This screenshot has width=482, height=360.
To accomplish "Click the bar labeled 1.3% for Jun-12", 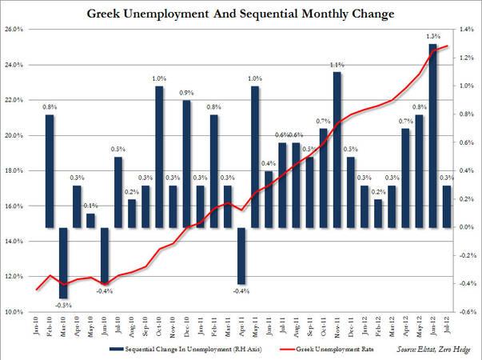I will (432, 136).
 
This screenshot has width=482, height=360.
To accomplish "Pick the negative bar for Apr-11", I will (241, 255).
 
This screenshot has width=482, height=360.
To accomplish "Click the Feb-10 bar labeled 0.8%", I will (50, 171).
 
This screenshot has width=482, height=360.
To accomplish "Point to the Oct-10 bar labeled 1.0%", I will (159, 157).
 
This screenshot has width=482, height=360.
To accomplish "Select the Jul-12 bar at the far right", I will (447, 206).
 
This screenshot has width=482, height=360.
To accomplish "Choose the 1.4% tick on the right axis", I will (466, 30).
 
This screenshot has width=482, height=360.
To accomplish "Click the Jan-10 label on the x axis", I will (36, 326).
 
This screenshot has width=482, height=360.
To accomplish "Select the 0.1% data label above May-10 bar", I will (91, 206).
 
